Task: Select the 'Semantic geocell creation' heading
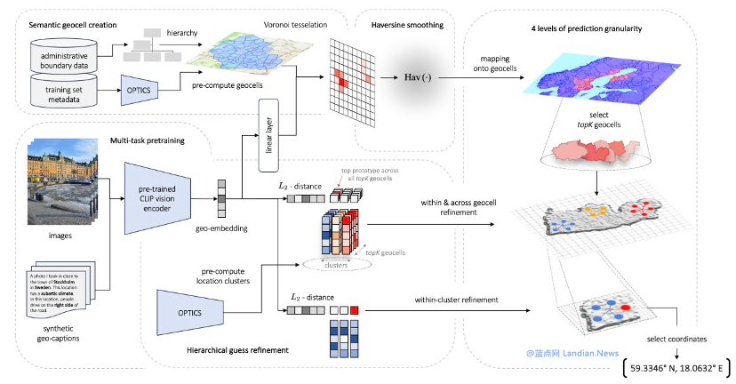68,22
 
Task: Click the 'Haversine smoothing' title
405,22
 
